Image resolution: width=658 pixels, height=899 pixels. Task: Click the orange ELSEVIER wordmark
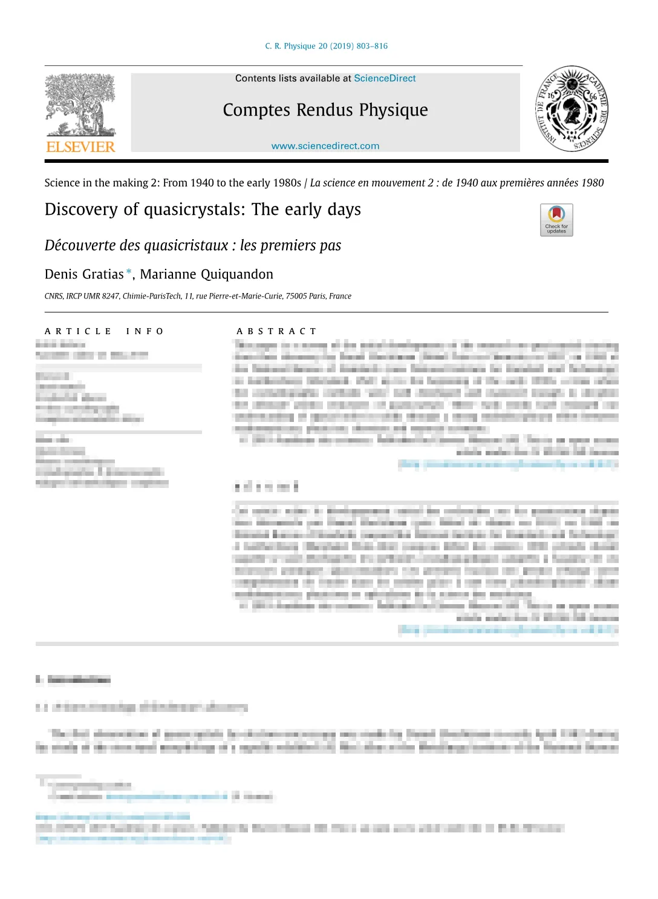click(x=80, y=147)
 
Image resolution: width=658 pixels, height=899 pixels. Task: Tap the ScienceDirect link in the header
click(x=385, y=79)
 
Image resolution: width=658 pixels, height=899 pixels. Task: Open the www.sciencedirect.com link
click(x=325, y=146)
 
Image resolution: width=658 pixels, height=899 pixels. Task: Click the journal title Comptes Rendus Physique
click(x=325, y=110)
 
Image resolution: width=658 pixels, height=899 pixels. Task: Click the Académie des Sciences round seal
click(x=572, y=108)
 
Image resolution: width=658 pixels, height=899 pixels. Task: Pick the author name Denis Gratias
click(x=84, y=274)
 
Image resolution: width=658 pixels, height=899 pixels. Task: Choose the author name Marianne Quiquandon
click(x=207, y=274)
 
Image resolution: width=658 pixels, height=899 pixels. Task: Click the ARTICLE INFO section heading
click(x=104, y=331)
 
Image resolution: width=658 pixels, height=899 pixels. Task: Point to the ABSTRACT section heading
click(x=276, y=331)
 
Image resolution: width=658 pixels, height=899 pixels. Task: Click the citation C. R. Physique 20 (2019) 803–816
click(x=326, y=46)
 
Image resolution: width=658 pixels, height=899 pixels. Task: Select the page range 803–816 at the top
click(x=373, y=46)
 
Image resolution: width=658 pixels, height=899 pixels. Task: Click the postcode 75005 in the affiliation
click(x=296, y=296)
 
